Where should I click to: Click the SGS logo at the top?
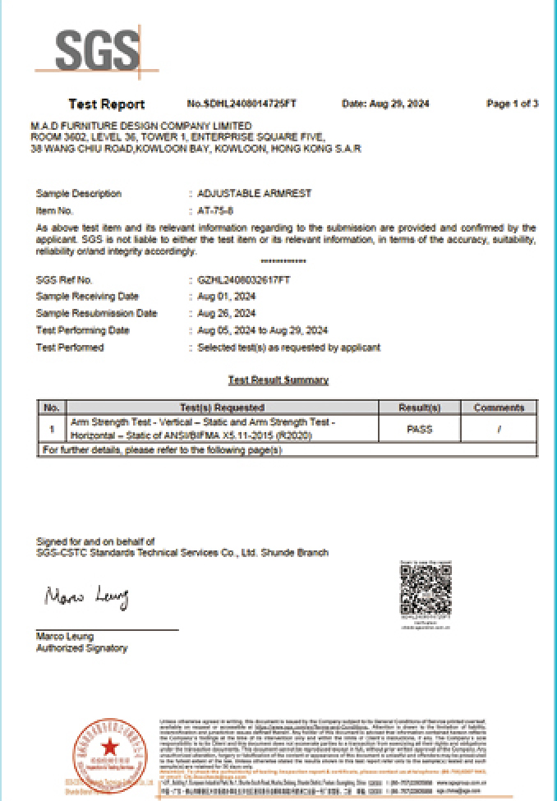96,51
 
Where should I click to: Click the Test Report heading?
106,104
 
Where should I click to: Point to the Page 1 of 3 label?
512,104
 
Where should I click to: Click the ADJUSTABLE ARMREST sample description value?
255,194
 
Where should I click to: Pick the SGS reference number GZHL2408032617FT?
244,279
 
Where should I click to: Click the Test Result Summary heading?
278,380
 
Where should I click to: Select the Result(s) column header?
419,407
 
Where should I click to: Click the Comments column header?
499,407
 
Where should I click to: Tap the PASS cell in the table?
419,428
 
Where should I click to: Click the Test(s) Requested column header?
222,407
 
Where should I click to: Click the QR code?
426,591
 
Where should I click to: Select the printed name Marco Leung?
65,637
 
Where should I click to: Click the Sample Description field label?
79,194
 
